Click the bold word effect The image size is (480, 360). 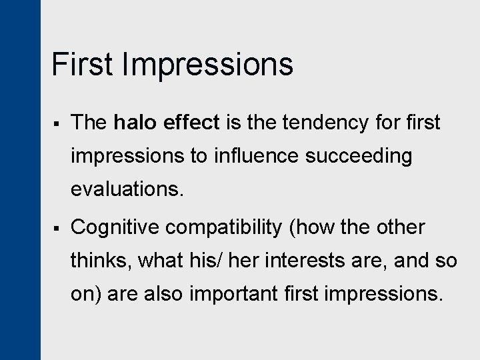tap(191, 123)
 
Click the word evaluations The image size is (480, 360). tap(126, 189)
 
